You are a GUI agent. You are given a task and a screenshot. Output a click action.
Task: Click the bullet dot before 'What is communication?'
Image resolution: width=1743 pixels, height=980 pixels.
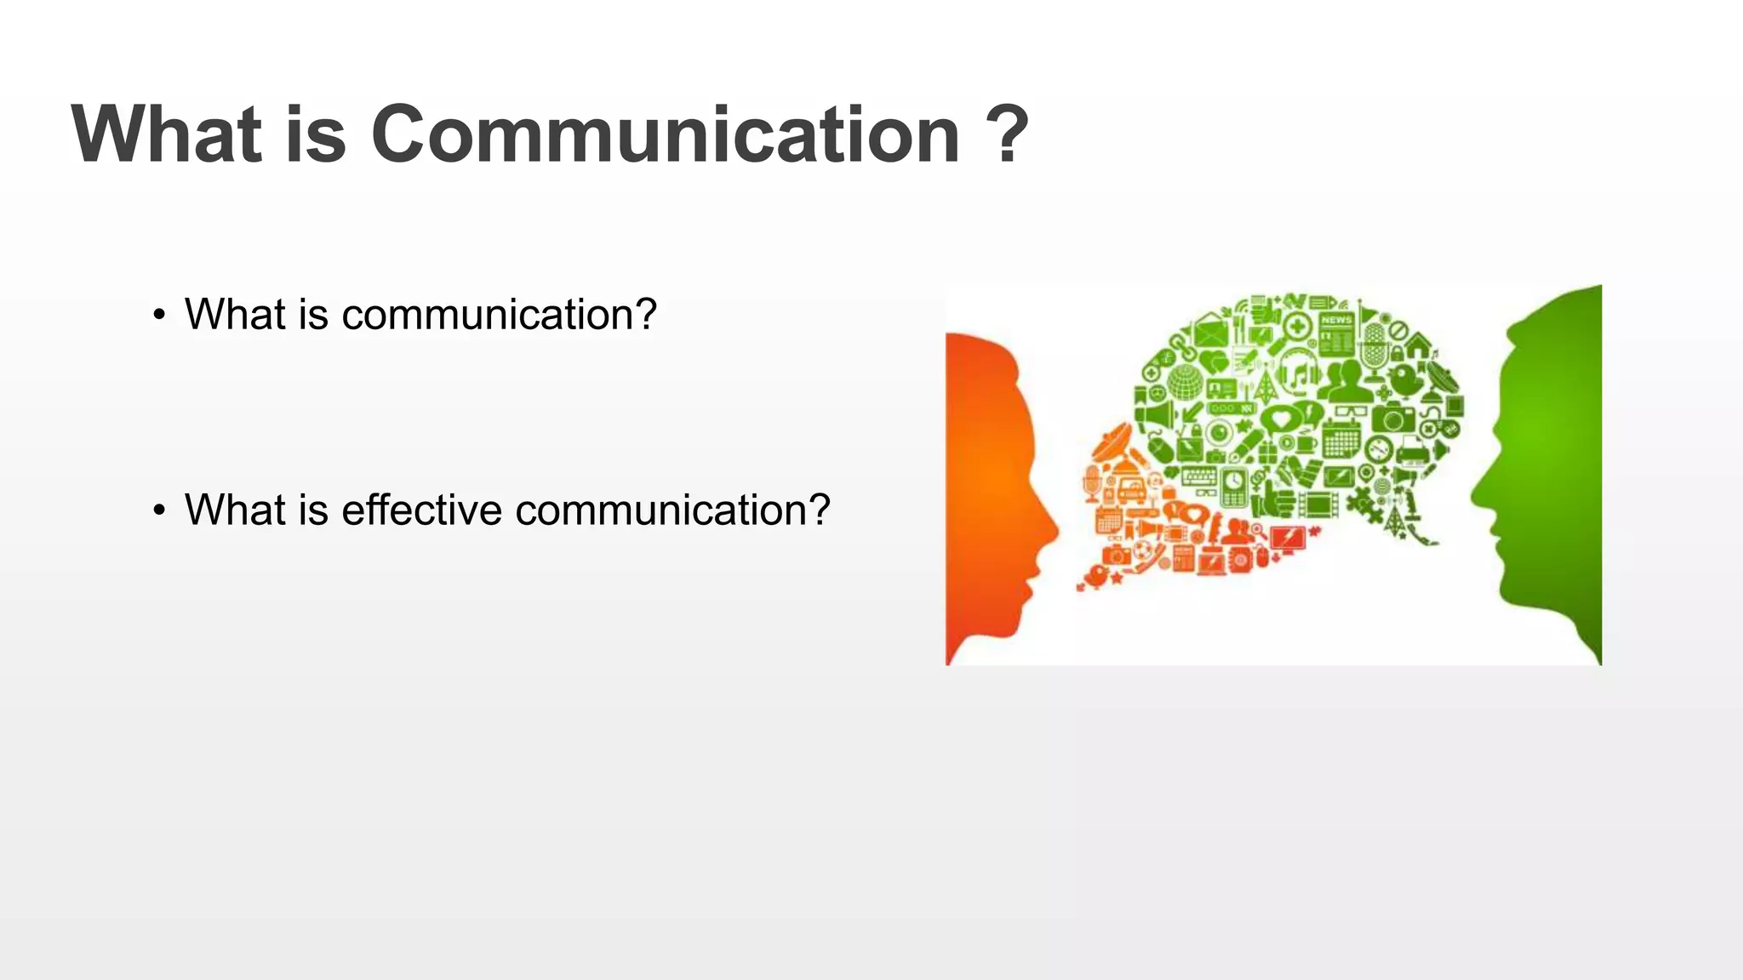tap(159, 316)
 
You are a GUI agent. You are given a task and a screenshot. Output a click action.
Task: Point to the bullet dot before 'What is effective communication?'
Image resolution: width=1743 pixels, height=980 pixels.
tap(159, 511)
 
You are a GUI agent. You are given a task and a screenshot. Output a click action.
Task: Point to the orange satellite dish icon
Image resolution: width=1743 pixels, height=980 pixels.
tap(1112, 444)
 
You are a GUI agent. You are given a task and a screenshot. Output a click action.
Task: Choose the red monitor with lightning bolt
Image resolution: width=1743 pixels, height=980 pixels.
tap(1287, 538)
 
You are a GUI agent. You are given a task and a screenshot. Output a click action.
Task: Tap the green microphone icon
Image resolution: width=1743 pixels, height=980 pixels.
tap(1373, 350)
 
